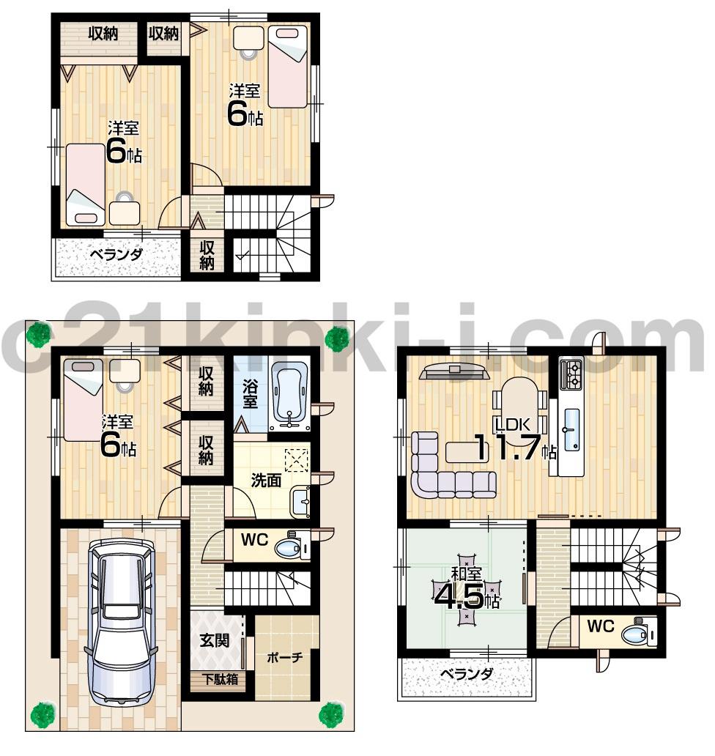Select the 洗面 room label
point(265,481)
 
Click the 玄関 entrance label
point(215,640)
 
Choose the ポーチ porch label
point(285,657)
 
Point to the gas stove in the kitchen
point(571,375)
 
